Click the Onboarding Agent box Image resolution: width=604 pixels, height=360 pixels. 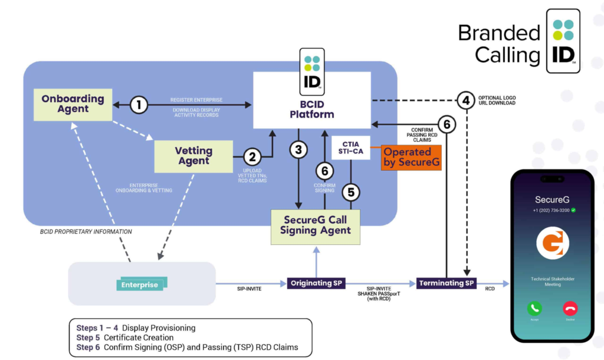(73, 104)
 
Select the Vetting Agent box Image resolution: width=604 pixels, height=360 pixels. (193, 156)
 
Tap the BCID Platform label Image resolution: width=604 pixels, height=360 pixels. (312, 109)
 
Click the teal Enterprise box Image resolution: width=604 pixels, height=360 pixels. (140, 285)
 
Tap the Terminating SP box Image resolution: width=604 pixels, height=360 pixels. (447, 283)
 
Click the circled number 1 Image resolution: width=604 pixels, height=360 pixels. (139, 106)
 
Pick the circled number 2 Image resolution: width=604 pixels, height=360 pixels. (252, 157)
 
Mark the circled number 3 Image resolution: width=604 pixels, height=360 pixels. (299, 150)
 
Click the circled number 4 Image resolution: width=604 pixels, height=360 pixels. (467, 100)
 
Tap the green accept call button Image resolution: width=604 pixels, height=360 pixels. (535, 308)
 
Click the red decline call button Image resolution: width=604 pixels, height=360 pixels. (570, 308)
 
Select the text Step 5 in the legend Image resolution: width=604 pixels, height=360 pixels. (88, 338)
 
